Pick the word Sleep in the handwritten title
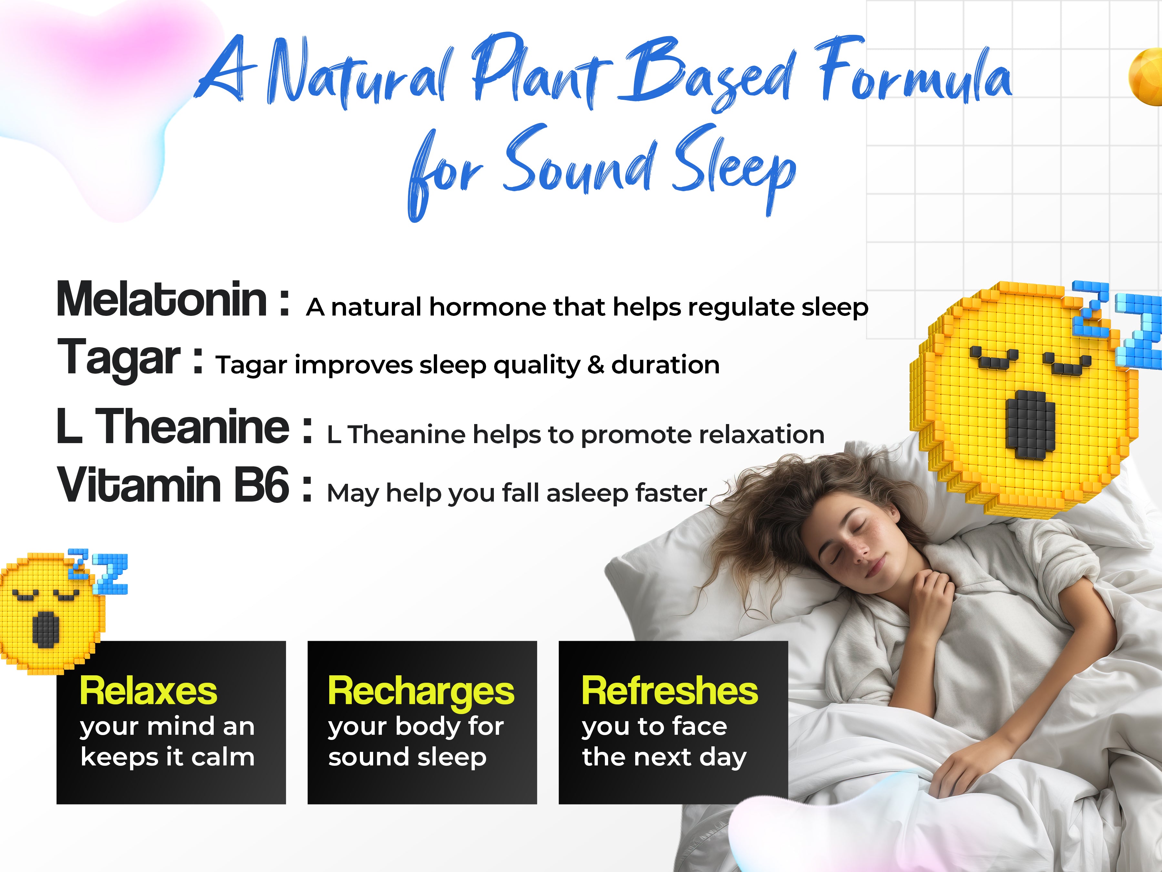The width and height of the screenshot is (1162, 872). (x=734, y=168)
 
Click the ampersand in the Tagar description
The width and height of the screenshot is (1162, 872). (x=595, y=365)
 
